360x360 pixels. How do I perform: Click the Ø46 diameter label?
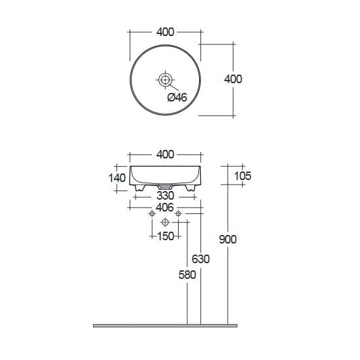click(177, 98)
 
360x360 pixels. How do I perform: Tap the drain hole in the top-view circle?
click(165, 80)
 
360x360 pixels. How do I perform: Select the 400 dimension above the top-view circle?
click(166, 32)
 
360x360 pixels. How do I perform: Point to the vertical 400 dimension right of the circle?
click(233, 79)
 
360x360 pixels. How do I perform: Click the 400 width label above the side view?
click(166, 154)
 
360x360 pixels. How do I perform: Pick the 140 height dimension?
click(117, 178)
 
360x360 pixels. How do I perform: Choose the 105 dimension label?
click(243, 176)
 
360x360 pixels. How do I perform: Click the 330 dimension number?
click(166, 196)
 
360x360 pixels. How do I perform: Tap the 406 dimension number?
click(165, 207)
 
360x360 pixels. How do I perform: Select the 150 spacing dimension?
click(166, 236)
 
